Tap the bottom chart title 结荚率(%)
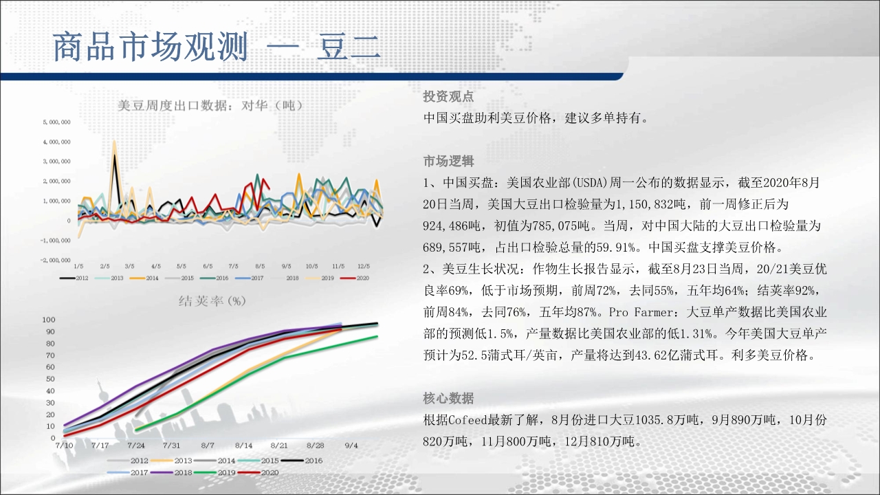tap(212, 301)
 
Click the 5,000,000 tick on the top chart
tap(57, 122)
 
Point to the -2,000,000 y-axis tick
tap(56, 260)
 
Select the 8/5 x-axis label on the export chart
tap(260, 266)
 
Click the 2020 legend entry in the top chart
tap(355, 278)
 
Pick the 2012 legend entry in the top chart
tap(74, 278)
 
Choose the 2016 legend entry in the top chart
tap(214, 278)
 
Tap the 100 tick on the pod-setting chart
tap(49, 320)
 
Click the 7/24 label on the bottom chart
tap(136, 445)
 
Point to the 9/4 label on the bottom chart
tap(351, 445)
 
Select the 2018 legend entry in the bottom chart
tap(171, 472)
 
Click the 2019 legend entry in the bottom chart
tap(215, 472)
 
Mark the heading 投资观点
tap(448, 96)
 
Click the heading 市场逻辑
tap(448, 161)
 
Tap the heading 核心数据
tap(448, 398)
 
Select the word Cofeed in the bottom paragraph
tap(467, 420)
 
